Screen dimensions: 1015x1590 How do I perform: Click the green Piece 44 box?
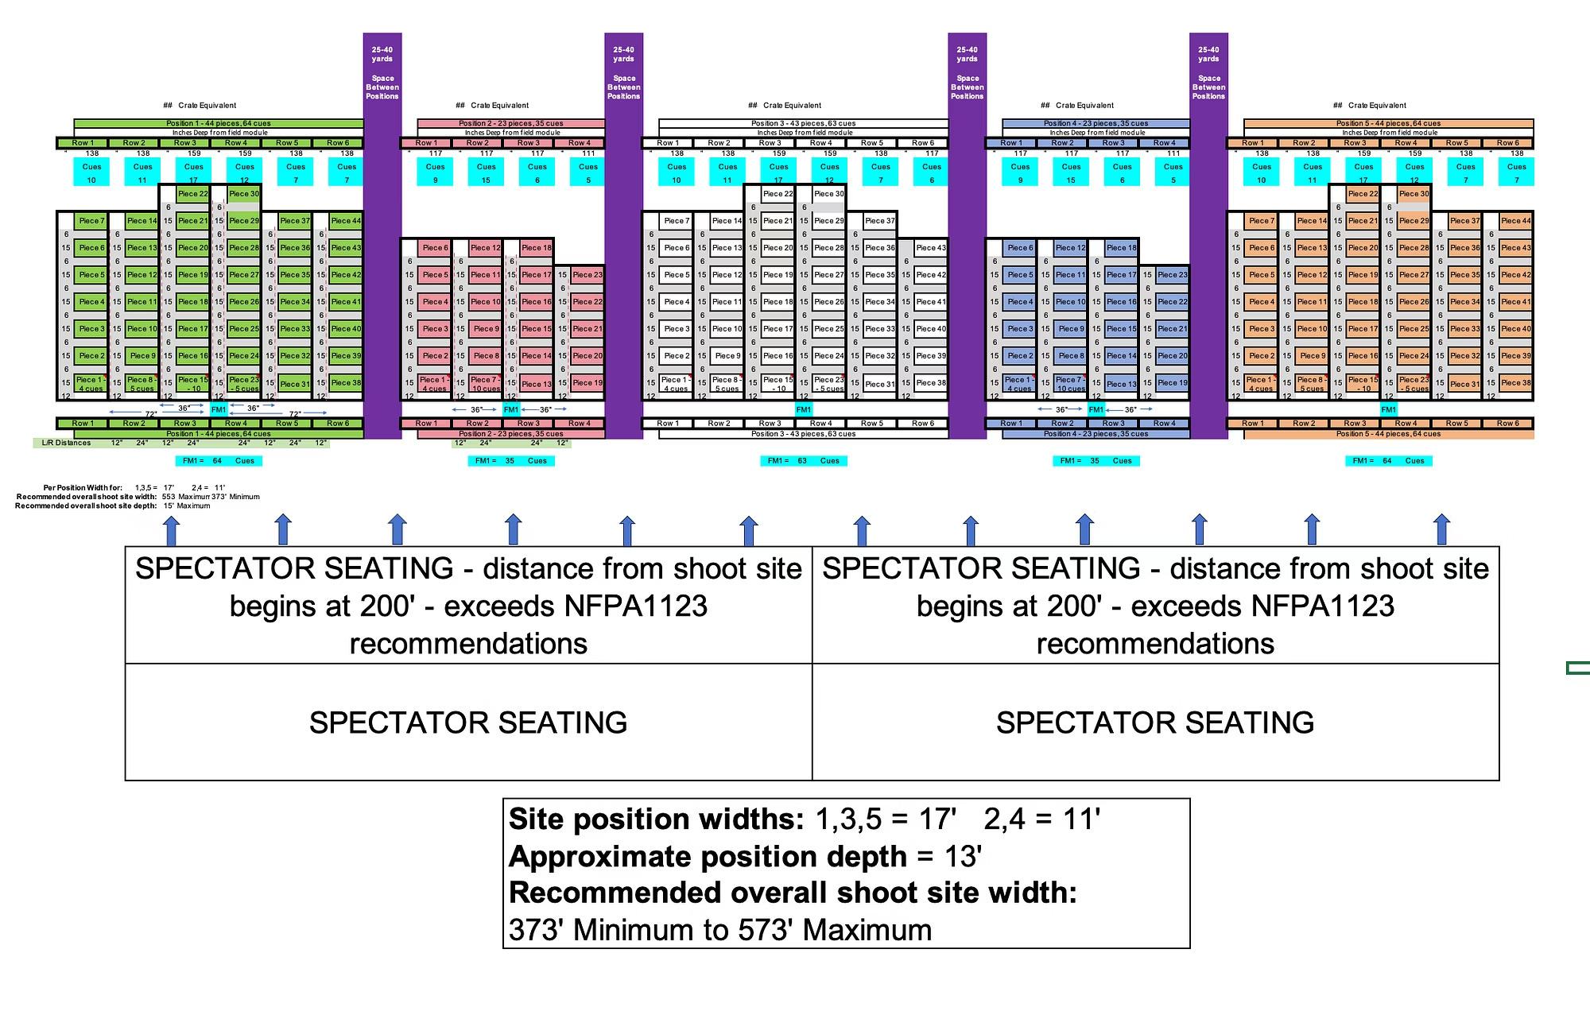tap(346, 221)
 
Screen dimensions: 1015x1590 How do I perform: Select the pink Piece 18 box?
tap(537, 248)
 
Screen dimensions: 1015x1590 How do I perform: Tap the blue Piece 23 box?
tap(1173, 275)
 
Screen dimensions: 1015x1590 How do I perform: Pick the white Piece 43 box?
tap(931, 248)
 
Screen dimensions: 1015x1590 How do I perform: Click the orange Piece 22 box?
tap(1363, 194)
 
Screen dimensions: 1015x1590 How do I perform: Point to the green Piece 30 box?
tap(243, 194)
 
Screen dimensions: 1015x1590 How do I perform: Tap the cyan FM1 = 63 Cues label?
tap(804, 461)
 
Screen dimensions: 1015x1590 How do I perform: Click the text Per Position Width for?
tap(83, 488)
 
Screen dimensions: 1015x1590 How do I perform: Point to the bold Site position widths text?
tap(656, 819)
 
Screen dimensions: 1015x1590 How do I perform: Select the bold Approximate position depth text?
tap(708, 856)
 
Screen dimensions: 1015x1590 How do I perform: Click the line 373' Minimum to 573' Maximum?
tap(719, 930)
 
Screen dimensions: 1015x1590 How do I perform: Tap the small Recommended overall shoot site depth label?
tap(86, 506)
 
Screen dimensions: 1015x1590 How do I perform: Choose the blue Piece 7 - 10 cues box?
tap(1070, 384)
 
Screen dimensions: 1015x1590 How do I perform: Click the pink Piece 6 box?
tap(435, 248)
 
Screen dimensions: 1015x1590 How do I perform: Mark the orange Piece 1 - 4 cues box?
tap(1261, 384)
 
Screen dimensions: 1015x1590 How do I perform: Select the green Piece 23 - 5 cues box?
tap(243, 384)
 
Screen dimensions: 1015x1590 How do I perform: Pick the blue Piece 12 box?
tap(1070, 248)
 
